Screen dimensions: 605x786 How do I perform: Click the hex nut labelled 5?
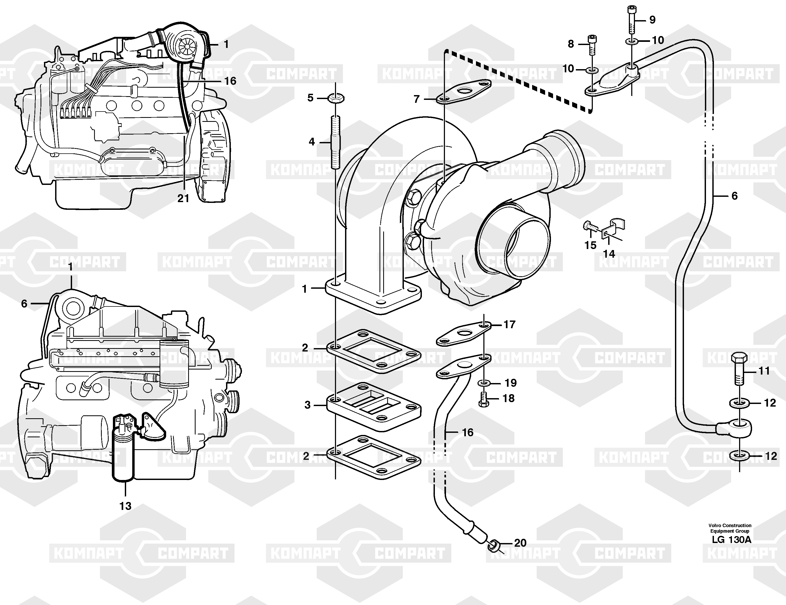click(x=336, y=97)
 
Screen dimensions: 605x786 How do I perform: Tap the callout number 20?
click(x=520, y=543)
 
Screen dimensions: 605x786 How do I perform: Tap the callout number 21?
click(x=183, y=198)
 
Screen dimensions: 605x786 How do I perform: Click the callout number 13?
click(x=125, y=506)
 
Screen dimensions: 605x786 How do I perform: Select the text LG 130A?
click(x=731, y=540)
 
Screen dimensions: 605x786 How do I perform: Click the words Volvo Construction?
click(x=731, y=526)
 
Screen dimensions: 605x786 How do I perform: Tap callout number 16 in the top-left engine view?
click(x=230, y=81)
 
